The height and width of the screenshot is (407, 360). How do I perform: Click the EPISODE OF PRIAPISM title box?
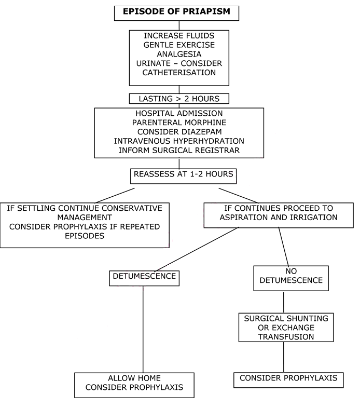click(x=176, y=11)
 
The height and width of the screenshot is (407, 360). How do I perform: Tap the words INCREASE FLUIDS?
click(x=179, y=35)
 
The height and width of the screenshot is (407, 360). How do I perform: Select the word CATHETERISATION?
click(x=180, y=73)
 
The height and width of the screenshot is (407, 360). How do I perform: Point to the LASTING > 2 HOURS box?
click(x=179, y=98)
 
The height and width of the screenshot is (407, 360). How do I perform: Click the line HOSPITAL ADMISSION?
click(x=179, y=113)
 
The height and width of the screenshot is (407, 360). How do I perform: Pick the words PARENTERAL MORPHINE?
click(x=179, y=122)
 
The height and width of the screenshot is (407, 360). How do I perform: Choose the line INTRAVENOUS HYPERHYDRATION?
click(x=179, y=141)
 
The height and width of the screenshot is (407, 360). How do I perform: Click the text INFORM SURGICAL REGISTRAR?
click(x=179, y=150)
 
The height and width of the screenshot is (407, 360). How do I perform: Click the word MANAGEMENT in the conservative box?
click(x=85, y=218)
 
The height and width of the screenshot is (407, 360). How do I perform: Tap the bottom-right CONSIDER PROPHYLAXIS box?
click(x=288, y=378)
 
